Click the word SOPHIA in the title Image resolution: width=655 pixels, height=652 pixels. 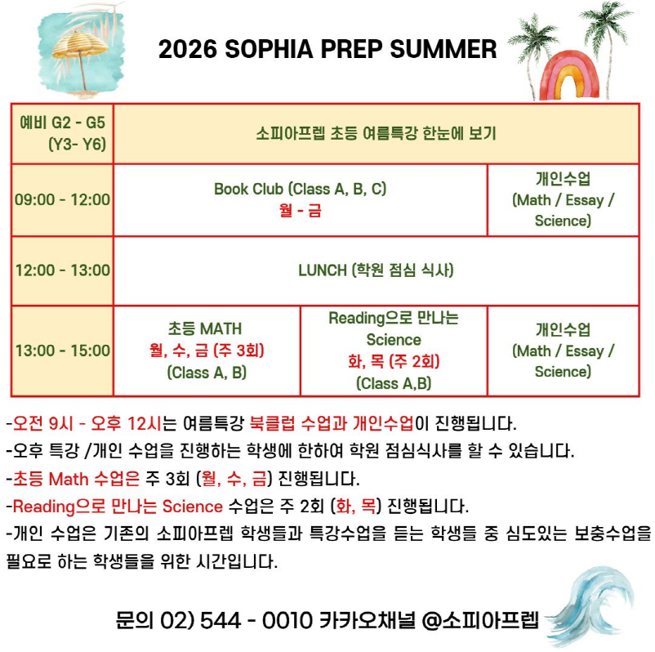point(269,49)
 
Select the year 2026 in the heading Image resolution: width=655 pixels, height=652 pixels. point(188,49)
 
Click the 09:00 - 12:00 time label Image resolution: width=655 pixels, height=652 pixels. point(63,199)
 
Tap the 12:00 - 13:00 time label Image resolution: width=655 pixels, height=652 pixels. point(63,270)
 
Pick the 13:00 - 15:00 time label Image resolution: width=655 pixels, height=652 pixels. point(63,351)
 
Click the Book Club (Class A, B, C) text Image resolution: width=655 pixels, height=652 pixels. point(300,189)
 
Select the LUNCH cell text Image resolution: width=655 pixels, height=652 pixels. point(376,270)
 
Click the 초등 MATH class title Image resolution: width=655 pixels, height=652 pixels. point(205,328)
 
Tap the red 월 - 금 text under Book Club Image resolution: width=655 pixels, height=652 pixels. point(301,210)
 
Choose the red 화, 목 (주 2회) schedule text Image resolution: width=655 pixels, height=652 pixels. point(394,361)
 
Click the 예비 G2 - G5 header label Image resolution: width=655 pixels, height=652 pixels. point(62,123)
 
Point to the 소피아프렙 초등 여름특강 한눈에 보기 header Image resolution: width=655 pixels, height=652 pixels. point(376,133)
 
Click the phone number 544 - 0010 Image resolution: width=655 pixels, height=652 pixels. point(256,620)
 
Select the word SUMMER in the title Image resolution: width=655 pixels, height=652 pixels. point(443,49)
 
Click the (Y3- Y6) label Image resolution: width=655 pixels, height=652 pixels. point(78,144)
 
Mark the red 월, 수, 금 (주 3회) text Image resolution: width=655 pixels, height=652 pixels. point(207,351)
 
